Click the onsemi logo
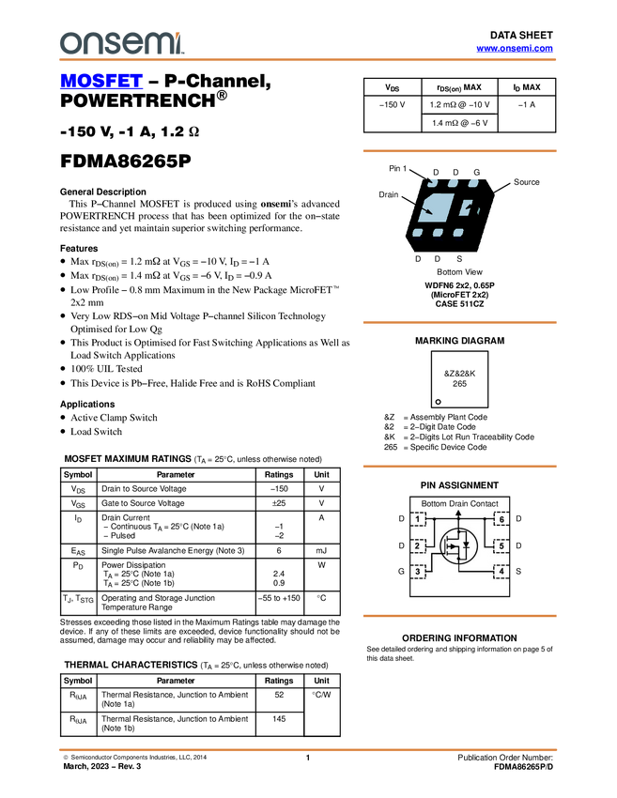click(121, 42)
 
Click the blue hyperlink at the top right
click(515, 49)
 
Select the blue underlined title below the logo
click(101, 82)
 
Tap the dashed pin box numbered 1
click(419, 520)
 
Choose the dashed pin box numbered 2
click(419, 545)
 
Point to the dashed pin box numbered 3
click(419, 571)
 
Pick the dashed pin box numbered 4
click(501, 571)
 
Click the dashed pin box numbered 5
click(501, 545)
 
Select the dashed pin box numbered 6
click(501, 520)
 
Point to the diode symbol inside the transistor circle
click(466, 545)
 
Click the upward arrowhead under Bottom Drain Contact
click(458, 513)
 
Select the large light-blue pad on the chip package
click(434, 207)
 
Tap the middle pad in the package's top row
click(453, 180)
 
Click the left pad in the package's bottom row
click(417, 231)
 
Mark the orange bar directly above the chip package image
click(459, 150)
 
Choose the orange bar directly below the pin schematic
click(459, 616)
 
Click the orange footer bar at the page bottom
click(308, 749)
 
